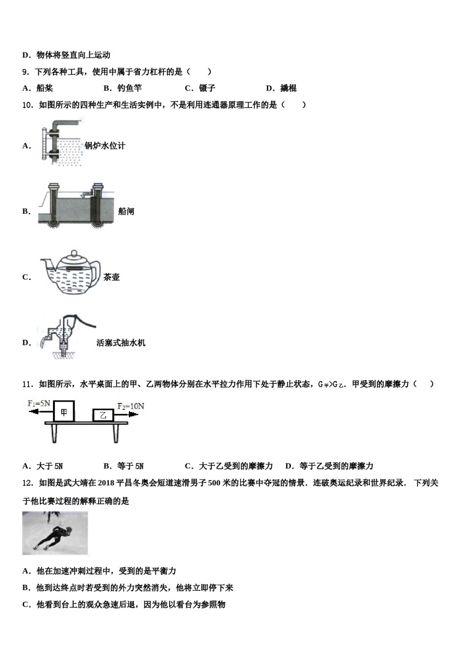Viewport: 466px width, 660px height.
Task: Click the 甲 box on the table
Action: point(64,412)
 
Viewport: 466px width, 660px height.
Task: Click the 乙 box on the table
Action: point(103,415)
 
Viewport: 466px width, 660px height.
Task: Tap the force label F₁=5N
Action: point(39,404)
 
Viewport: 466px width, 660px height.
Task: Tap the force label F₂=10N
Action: point(130,406)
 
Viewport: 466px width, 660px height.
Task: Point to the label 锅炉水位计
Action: point(105,146)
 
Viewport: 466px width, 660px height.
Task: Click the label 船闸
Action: point(126,212)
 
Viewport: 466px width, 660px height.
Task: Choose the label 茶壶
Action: point(111,277)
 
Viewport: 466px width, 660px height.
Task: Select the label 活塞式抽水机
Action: point(121,343)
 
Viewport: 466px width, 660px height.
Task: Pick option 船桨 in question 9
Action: point(44,88)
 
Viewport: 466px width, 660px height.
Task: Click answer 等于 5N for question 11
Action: point(130,466)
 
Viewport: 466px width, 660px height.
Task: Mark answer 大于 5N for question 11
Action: point(49,466)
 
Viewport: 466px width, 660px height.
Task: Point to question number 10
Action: point(27,105)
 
